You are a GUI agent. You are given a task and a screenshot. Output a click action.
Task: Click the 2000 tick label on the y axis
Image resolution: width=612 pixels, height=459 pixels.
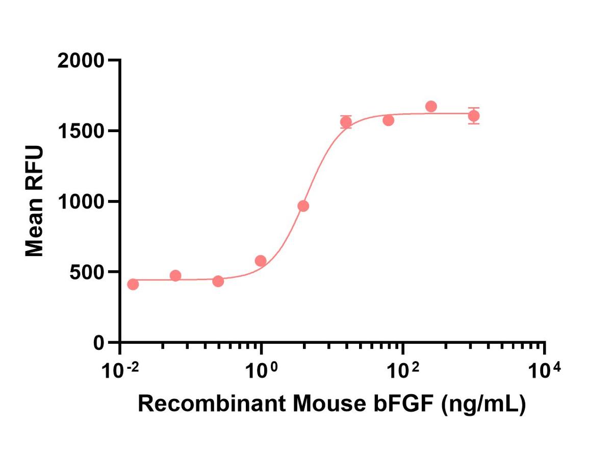(81, 61)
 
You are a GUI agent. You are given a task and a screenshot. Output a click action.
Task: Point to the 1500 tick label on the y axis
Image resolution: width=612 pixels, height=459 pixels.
(82, 131)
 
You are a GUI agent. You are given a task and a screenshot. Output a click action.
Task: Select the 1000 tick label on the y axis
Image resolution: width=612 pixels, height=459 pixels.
(82, 202)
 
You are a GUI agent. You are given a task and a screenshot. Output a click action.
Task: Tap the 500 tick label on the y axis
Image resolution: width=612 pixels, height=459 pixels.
(87, 272)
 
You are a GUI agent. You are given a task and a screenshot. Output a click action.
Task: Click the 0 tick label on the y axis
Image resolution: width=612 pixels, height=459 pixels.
(99, 343)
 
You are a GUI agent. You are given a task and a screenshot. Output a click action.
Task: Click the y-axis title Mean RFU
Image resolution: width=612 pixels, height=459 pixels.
(34, 201)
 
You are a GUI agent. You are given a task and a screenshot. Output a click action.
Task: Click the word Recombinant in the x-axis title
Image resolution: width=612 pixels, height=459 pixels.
(212, 404)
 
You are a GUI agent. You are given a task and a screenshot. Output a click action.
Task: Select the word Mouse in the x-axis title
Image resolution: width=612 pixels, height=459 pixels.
(329, 404)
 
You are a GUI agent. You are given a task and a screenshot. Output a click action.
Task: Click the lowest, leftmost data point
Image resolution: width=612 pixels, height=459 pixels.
(133, 284)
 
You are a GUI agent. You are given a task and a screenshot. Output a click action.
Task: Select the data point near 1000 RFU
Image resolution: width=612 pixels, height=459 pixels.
(303, 206)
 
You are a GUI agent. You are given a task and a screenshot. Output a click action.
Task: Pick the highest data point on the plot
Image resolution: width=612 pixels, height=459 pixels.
(431, 106)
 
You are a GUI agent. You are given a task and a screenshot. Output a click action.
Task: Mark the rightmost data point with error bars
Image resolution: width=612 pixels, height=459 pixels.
(474, 116)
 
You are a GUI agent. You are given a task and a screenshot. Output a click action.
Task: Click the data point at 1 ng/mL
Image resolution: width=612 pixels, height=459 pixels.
(261, 261)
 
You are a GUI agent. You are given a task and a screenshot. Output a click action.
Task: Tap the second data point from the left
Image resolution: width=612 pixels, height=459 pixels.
(175, 275)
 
